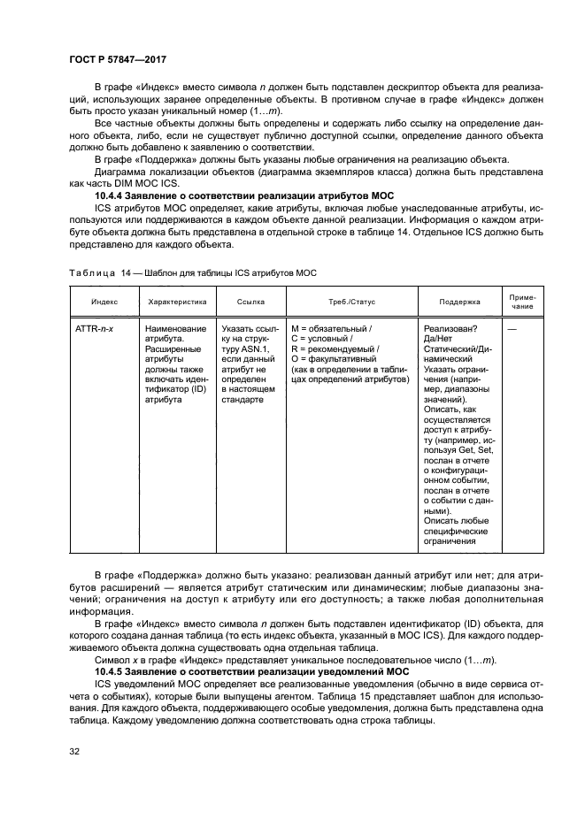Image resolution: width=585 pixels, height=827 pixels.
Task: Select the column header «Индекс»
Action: [97, 302]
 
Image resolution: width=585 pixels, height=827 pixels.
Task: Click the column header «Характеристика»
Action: [177, 302]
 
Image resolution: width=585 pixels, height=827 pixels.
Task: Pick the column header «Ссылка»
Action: [251, 302]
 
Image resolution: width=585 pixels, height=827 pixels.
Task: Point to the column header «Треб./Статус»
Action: [350, 302]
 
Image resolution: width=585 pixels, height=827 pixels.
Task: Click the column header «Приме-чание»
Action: [522, 302]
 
